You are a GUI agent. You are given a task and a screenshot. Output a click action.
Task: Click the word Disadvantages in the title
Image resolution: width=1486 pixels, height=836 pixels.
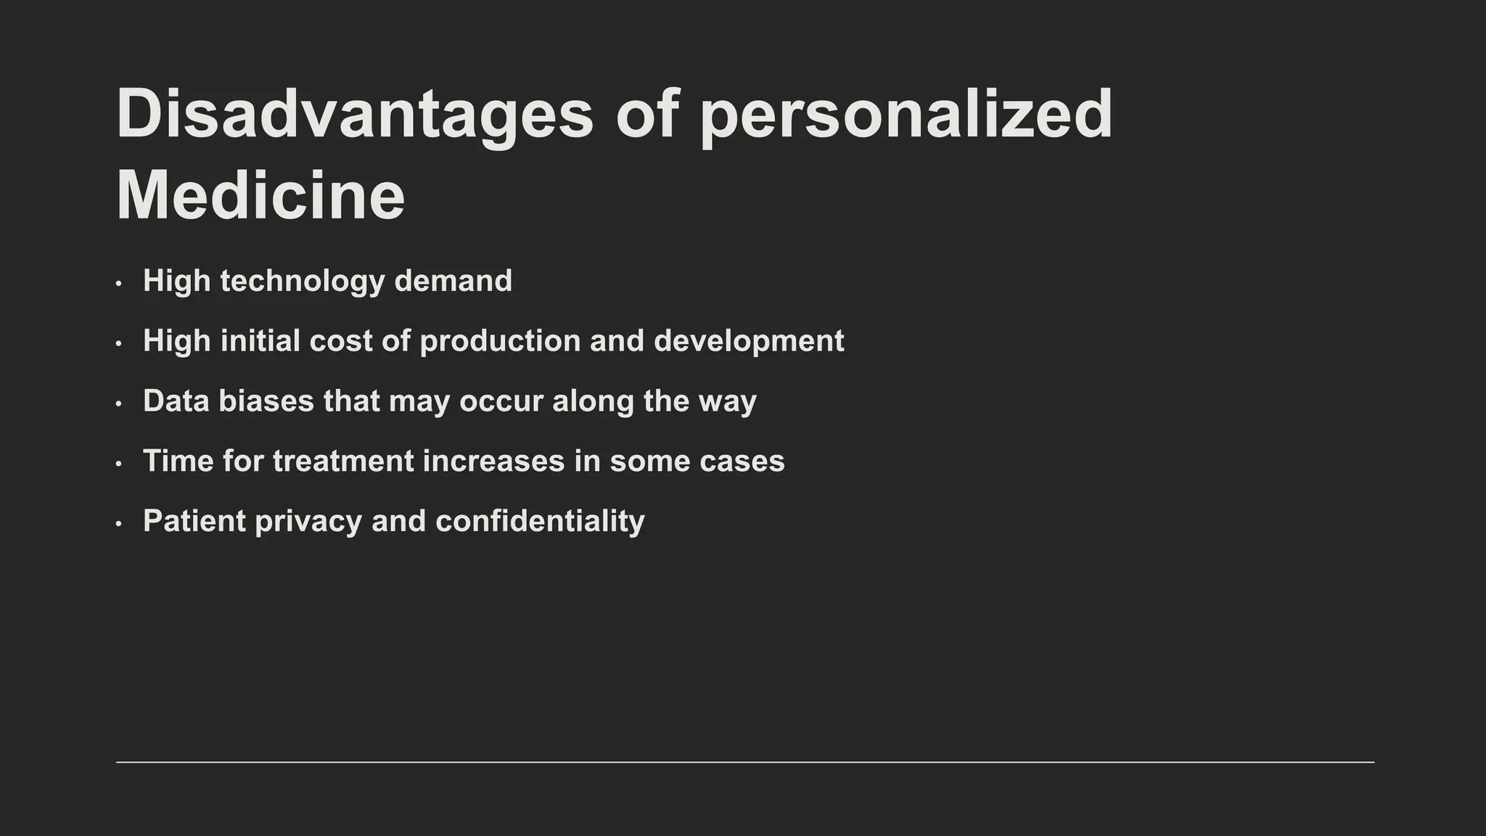point(355,115)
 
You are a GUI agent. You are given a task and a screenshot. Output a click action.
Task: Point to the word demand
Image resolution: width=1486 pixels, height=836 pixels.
point(453,281)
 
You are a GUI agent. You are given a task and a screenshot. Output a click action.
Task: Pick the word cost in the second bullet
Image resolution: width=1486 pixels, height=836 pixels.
point(340,341)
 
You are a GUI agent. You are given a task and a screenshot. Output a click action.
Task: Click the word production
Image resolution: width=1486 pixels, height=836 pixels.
point(500,342)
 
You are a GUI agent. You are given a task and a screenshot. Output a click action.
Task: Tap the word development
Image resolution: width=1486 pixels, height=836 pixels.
point(749,342)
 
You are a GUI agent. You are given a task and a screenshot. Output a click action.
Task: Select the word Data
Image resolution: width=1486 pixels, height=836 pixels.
point(176,401)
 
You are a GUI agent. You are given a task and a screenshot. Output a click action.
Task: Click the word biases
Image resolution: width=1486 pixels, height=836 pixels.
point(266,401)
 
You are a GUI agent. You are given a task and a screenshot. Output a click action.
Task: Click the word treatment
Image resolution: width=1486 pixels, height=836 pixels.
point(343,462)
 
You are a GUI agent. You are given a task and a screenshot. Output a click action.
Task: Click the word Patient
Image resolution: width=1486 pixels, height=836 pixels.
point(194,521)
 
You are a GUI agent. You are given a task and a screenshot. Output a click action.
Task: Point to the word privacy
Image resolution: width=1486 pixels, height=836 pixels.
point(308,522)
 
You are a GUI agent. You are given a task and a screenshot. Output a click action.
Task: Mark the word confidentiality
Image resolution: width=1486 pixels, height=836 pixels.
point(540,522)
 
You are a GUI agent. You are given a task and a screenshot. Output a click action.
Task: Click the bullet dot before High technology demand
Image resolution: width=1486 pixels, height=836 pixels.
point(118,283)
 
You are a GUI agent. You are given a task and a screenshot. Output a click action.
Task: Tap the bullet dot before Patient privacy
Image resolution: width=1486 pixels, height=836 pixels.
point(118,523)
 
